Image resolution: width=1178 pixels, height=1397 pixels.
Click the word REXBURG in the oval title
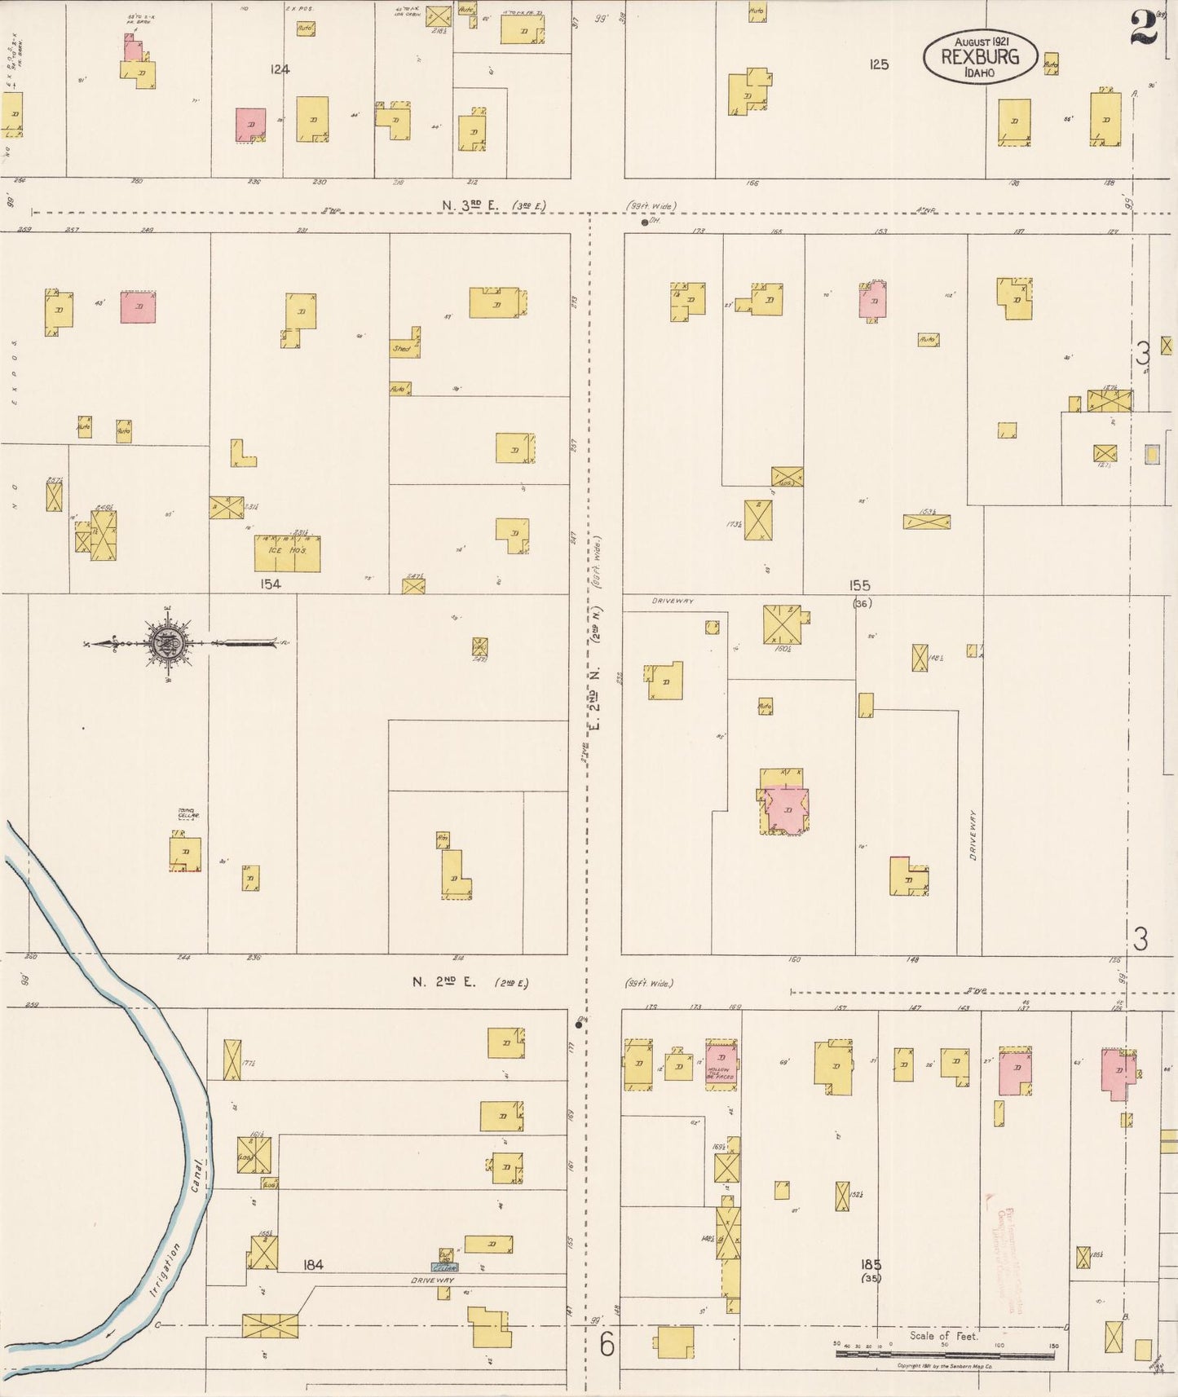(x=980, y=57)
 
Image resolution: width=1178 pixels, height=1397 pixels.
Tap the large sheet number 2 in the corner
(x=1145, y=31)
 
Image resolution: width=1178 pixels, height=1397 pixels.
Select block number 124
(x=280, y=70)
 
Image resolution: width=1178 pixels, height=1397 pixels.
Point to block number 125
(x=878, y=64)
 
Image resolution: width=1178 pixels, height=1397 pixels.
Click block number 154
(x=271, y=584)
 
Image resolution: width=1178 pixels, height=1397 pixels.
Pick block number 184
(x=313, y=1265)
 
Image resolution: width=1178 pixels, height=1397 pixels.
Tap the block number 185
(x=871, y=1264)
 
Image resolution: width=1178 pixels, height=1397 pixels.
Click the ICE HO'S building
(x=287, y=554)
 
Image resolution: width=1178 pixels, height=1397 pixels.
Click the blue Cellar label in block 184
(x=445, y=1267)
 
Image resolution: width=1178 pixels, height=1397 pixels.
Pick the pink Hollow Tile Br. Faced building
(x=721, y=1064)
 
